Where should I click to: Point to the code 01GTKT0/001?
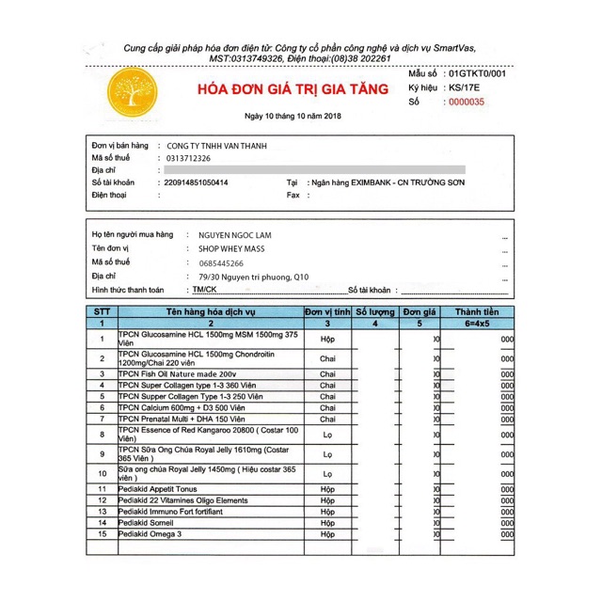point(477,72)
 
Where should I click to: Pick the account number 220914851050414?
point(208,182)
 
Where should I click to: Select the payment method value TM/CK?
point(200,291)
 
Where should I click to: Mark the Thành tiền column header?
point(477,311)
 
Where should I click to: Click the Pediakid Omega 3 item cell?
point(150,534)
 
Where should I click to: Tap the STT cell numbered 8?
point(101,434)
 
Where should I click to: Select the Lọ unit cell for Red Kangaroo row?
point(327,434)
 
